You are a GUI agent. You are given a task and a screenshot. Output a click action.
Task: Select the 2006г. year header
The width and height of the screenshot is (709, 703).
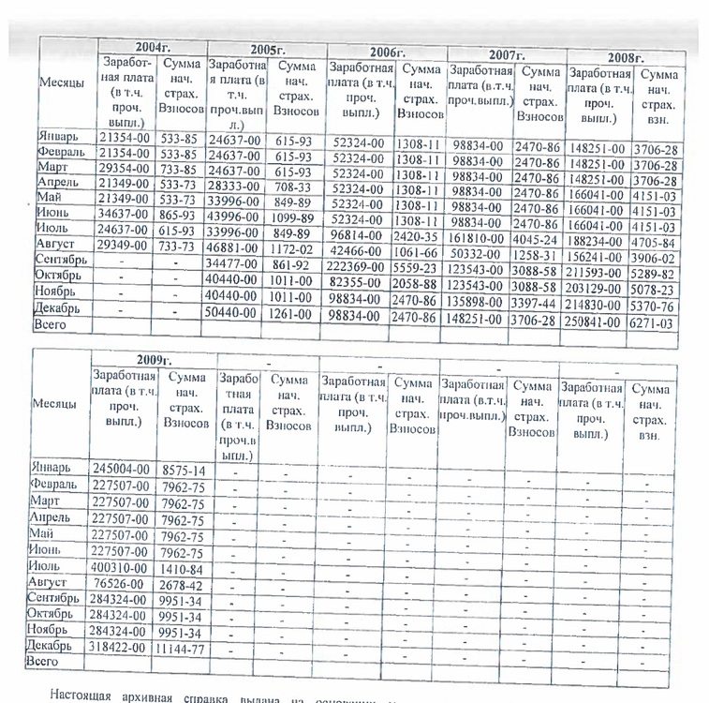pyautogui.click(x=385, y=52)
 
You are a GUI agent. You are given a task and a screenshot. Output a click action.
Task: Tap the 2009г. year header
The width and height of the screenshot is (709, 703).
pyautogui.click(x=153, y=359)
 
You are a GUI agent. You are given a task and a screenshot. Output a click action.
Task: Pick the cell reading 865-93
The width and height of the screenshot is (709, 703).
pyautogui.click(x=179, y=215)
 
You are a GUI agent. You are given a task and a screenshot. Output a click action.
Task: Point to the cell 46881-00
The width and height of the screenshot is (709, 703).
pyautogui.click(x=237, y=245)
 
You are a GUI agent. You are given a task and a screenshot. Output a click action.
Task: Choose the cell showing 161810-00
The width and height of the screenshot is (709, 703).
pyautogui.click(x=480, y=240)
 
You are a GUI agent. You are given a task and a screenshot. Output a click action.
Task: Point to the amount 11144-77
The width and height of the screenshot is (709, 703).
pyautogui.click(x=184, y=647)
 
